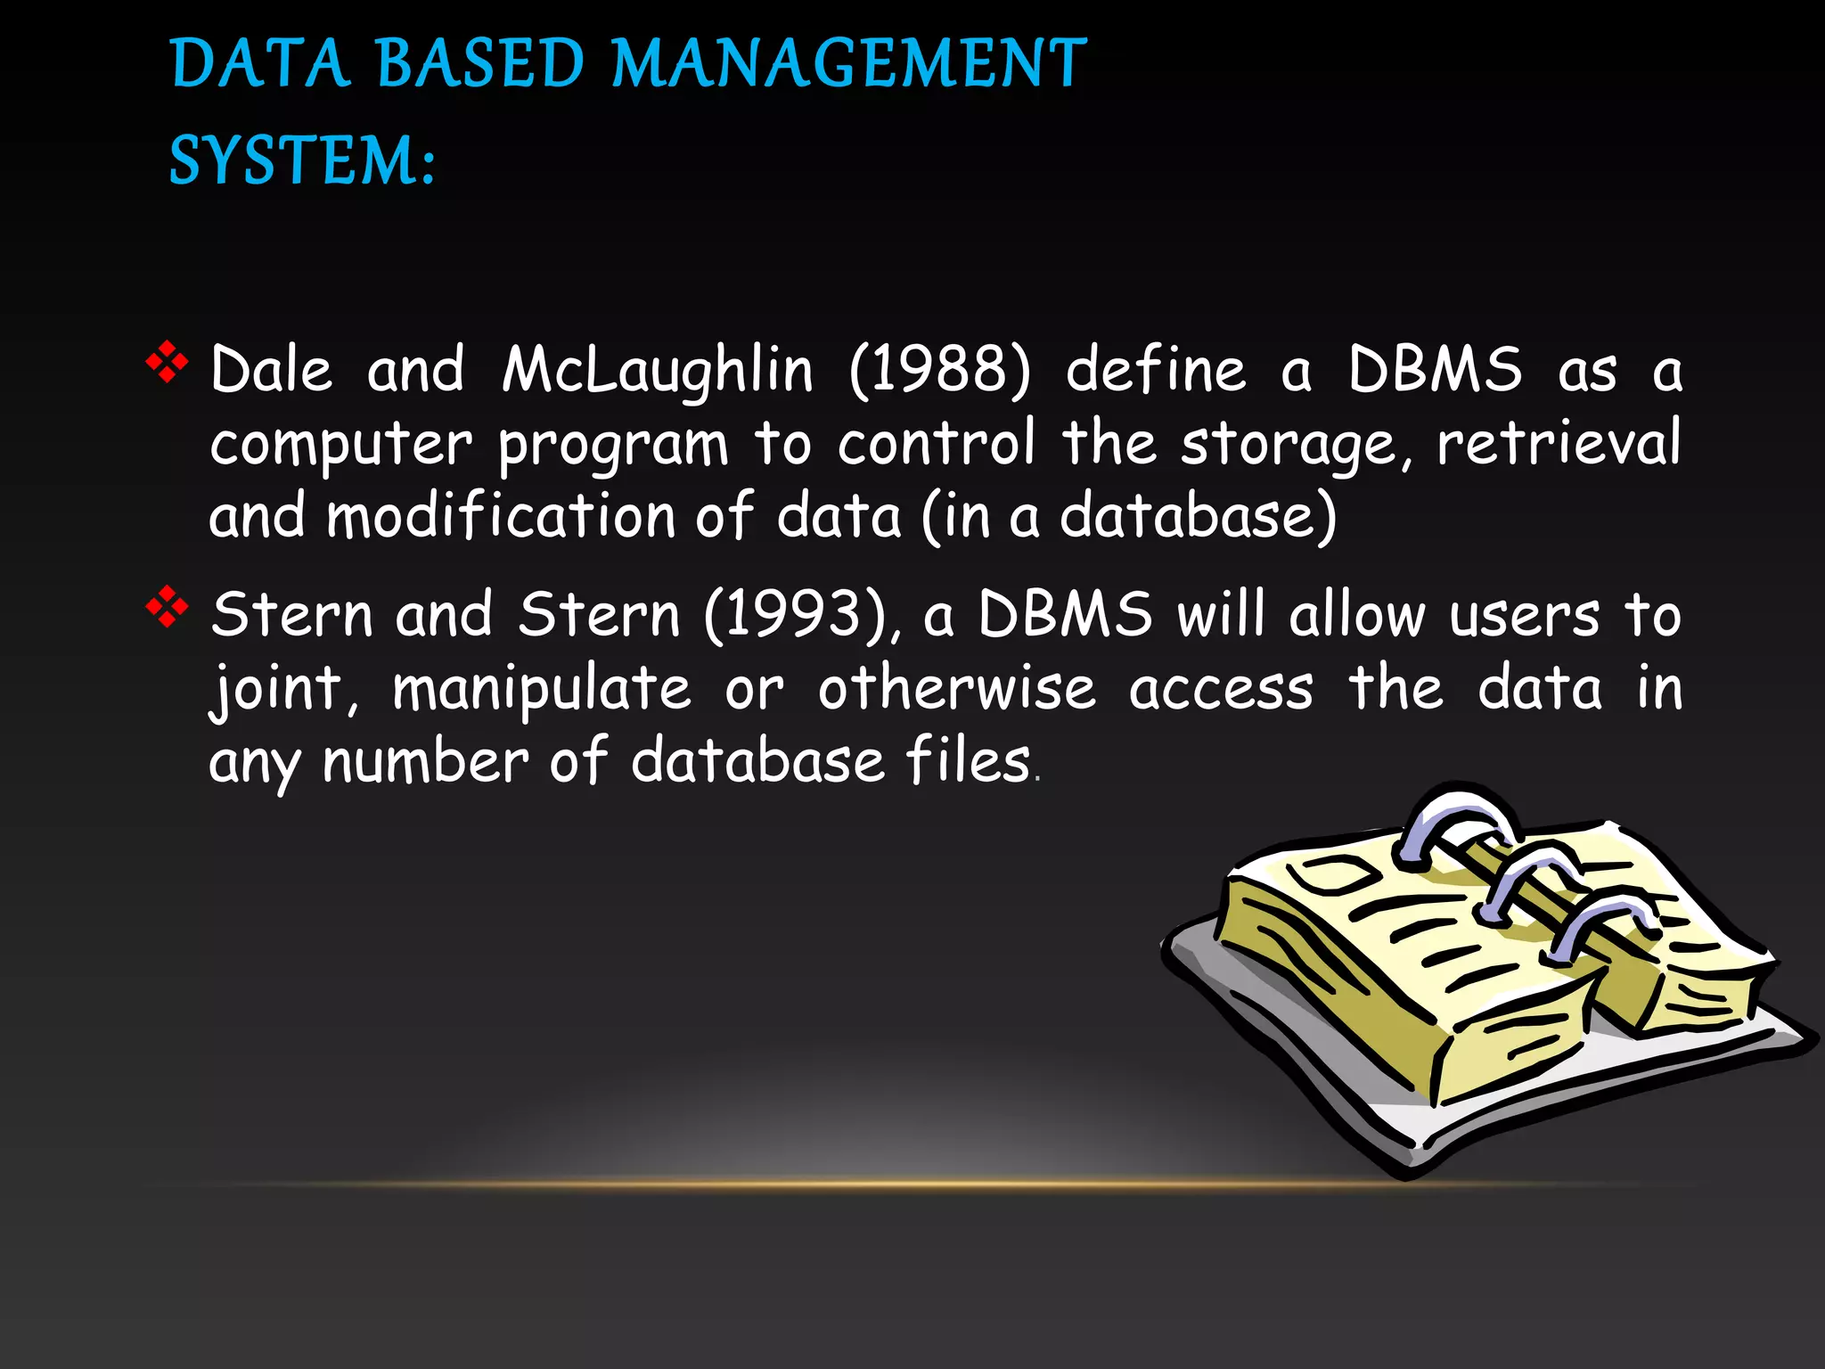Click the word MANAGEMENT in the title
pyautogui.click(x=849, y=64)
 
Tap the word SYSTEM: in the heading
pyautogui.click(x=302, y=161)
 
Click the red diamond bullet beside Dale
pyautogui.click(x=167, y=363)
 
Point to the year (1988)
pyautogui.click(x=940, y=370)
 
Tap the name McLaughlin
pyautogui.click(x=658, y=370)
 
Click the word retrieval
pyautogui.click(x=1559, y=443)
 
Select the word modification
pyautogui.click(x=501, y=516)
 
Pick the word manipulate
pyautogui.click(x=542, y=689)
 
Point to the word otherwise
pyautogui.click(x=957, y=689)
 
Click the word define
pyautogui.click(x=1156, y=370)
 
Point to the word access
pyautogui.click(x=1221, y=689)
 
